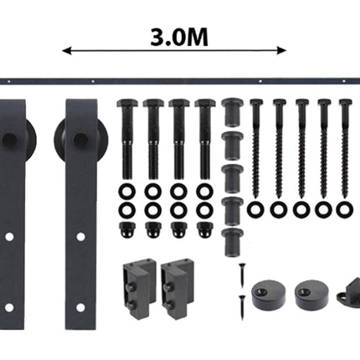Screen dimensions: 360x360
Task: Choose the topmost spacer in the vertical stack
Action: coord(232,110)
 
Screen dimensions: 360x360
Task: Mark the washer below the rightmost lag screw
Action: coord(344,209)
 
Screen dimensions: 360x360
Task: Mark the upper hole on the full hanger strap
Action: coord(80,237)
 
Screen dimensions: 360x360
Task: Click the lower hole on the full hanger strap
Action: coord(80,306)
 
